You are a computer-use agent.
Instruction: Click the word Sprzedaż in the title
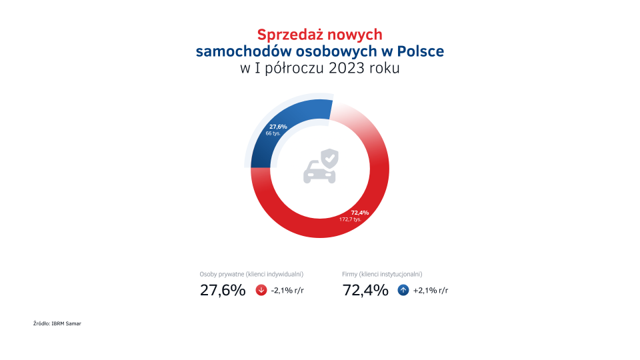(x=287, y=35)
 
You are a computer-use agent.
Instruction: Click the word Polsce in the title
(x=420, y=51)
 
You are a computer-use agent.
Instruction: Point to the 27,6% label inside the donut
(x=278, y=126)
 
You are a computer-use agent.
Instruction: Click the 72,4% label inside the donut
(x=359, y=212)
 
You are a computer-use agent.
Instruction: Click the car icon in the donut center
(x=319, y=172)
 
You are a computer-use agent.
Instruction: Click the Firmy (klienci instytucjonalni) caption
(x=382, y=274)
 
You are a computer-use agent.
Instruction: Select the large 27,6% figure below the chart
(x=223, y=291)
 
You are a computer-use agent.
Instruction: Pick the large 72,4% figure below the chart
(x=365, y=291)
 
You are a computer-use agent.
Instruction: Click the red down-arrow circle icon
(x=261, y=291)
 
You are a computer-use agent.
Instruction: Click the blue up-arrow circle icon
(x=403, y=291)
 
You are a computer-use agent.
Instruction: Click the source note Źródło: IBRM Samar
(x=57, y=323)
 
